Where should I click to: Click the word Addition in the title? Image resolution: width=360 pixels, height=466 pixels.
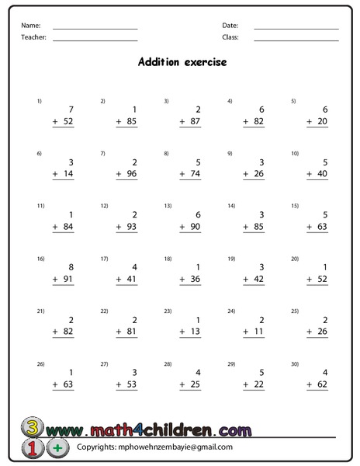(x=159, y=62)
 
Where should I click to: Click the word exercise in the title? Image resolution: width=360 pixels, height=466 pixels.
(x=206, y=62)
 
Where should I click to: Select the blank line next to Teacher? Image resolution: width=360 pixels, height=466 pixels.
(x=95, y=40)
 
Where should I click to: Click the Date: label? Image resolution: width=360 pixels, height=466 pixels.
(x=230, y=26)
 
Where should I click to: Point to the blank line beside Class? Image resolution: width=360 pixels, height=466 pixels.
(x=296, y=40)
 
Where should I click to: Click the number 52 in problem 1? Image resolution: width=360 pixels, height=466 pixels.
(x=68, y=122)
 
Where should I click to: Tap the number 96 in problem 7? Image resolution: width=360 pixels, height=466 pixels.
(x=132, y=175)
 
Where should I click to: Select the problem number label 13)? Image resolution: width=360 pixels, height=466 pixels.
(x=168, y=206)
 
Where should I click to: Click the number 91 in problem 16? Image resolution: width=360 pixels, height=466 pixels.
(x=68, y=280)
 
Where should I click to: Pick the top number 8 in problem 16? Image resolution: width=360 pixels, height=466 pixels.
(x=71, y=266)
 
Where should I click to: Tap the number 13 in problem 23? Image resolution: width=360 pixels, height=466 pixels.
(x=196, y=332)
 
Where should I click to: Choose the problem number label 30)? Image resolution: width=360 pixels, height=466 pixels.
(x=295, y=363)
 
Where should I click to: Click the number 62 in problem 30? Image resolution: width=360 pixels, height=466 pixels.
(x=323, y=384)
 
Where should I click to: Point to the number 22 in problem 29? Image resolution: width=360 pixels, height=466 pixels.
(x=259, y=384)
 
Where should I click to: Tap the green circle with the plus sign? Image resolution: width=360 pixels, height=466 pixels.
(x=57, y=448)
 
